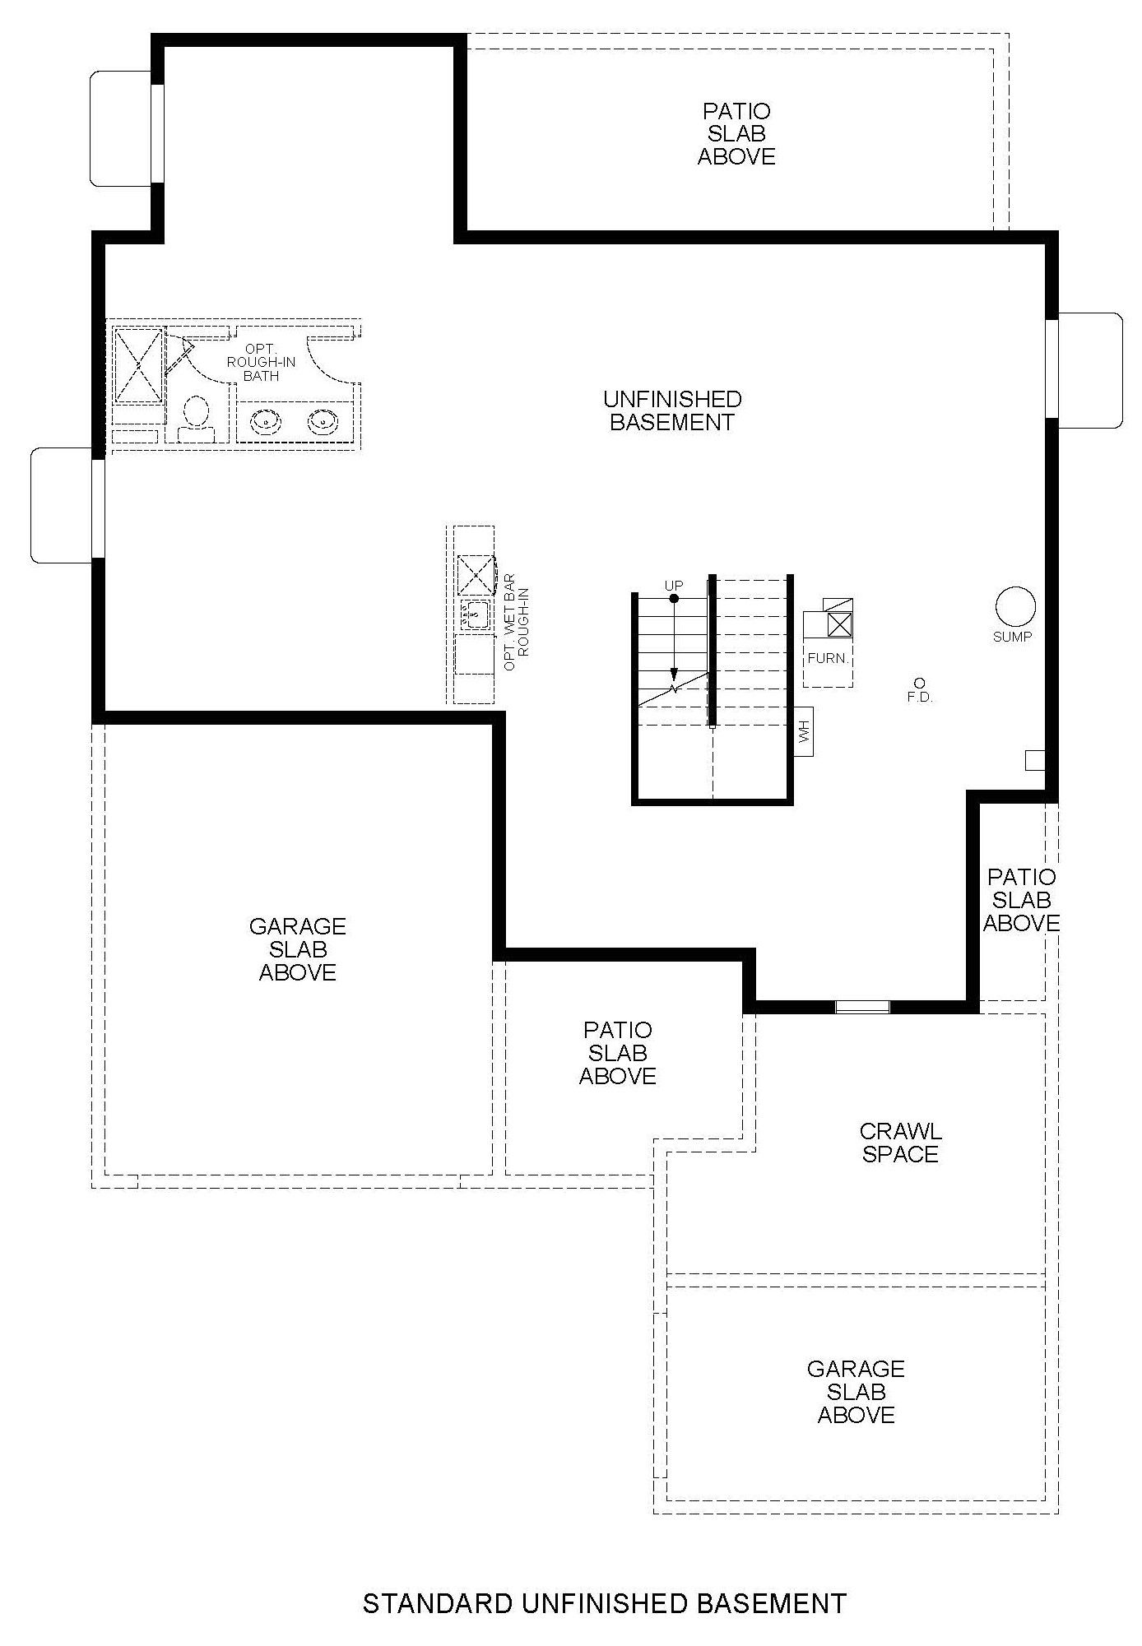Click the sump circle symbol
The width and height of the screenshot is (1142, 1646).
pyautogui.click(x=1015, y=607)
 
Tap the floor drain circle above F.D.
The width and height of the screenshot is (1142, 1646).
pyautogui.click(x=919, y=683)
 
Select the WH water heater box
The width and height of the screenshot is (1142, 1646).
pyautogui.click(x=804, y=730)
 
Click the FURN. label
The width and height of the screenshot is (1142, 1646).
pyautogui.click(x=828, y=659)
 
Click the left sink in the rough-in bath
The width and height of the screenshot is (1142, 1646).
pyautogui.click(x=265, y=423)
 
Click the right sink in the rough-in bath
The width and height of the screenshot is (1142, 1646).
pyautogui.click(x=323, y=423)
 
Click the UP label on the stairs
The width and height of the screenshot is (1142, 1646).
pyautogui.click(x=674, y=586)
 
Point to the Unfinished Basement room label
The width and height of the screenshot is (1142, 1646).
pyautogui.click(x=672, y=410)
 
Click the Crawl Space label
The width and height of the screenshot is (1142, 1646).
pyautogui.click(x=900, y=1143)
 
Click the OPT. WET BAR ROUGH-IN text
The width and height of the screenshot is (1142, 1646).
pyautogui.click(x=516, y=628)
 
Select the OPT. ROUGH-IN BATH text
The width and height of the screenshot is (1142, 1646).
pyautogui.click(x=261, y=363)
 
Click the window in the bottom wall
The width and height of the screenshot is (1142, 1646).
pyautogui.click(x=862, y=1006)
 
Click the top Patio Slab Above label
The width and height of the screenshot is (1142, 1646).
pyautogui.click(x=736, y=133)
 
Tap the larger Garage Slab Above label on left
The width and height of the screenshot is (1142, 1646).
pyautogui.click(x=297, y=949)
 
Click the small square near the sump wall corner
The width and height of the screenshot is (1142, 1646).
pyautogui.click(x=1035, y=760)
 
